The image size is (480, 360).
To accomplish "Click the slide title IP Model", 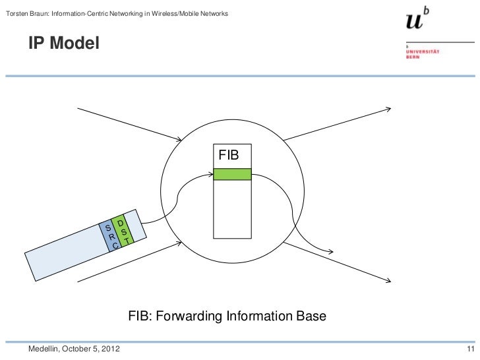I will (x=63, y=44).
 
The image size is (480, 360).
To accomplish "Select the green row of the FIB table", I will (x=232, y=174).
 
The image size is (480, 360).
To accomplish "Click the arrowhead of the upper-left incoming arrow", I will (x=180, y=139).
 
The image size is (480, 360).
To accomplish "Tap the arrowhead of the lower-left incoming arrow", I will (x=179, y=243).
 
